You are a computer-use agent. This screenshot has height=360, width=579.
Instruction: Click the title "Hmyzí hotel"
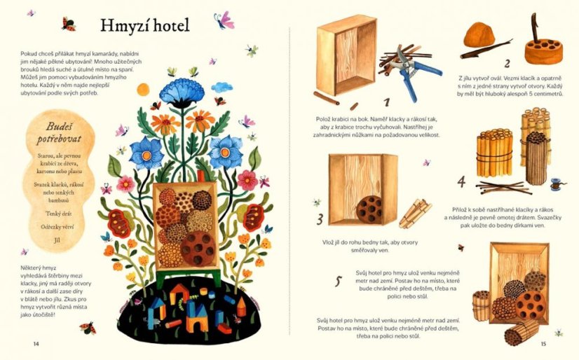coord(144,25)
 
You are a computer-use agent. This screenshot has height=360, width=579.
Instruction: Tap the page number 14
coord(36,344)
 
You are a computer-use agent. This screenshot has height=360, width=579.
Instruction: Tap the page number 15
coord(543,344)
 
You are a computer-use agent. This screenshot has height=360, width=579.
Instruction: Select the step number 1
coord(386,102)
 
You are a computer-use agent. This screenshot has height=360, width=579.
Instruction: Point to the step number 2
coord(508,64)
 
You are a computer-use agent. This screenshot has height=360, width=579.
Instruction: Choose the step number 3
coord(320,219)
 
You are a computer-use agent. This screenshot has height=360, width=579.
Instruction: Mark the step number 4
coord(461,181)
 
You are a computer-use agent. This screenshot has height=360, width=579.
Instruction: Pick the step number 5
coord(339,281)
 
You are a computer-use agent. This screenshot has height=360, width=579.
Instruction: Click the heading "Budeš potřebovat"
coord(59,133)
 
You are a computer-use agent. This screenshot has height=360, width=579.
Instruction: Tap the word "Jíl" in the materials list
coord(56,240)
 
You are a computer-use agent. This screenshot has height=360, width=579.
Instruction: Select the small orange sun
coord(143,90)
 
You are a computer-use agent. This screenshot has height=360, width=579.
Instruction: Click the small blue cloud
coord(222,88)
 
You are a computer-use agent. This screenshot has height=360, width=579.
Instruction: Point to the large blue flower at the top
coord(182,92)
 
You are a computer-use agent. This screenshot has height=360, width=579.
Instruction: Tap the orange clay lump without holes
coord(479,35)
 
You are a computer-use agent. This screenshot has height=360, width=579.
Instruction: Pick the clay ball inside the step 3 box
coord(369,209)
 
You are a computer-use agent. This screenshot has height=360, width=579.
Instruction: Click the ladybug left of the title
coord(69,25)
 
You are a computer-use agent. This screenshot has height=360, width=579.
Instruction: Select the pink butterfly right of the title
coord(224,20)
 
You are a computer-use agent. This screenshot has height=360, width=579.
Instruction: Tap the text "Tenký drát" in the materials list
coord(59,214)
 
